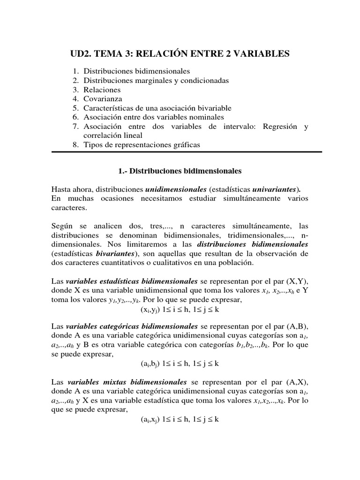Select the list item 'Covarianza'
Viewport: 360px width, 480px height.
[103, 99]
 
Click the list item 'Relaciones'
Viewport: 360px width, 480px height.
[102, 90]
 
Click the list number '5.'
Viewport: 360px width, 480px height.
[76, 108]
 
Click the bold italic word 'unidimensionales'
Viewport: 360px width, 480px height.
[176, 190]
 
